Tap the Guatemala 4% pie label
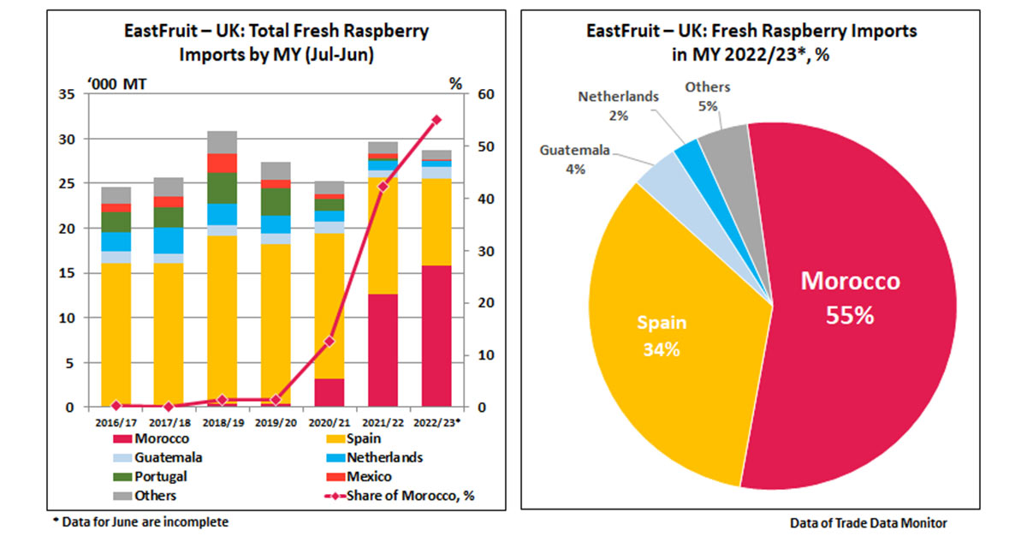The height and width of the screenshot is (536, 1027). click(574, 159)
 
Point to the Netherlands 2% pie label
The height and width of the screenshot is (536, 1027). click(618, 105)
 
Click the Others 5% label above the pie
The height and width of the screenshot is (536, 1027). click(707, 96)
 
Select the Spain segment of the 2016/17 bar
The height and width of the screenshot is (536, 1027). click(116, 334)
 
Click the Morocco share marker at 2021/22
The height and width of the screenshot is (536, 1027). click(383, 186)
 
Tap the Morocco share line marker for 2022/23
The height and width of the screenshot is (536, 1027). click(436, 120)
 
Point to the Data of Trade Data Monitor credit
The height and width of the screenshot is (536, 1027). click(869, 521)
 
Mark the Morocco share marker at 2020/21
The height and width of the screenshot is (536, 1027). click(329, 341)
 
